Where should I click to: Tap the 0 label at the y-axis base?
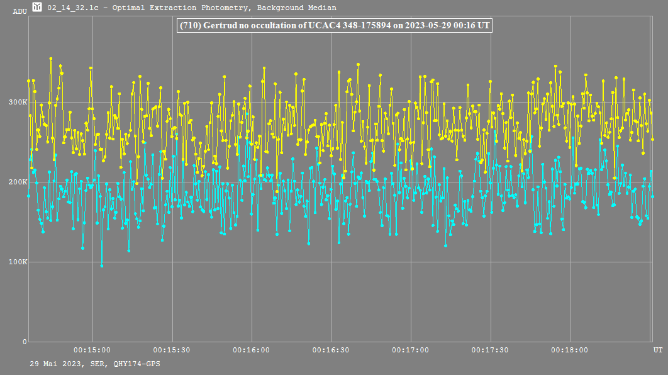(25, 342)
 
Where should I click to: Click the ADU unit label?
(19, 11)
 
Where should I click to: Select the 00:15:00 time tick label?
(92, 350)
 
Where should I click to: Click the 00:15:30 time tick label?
(172, 350)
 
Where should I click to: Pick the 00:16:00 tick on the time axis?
(252, 350)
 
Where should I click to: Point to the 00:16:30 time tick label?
(331, 350)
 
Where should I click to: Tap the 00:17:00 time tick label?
(410, 350)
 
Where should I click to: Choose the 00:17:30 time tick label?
(490, 350)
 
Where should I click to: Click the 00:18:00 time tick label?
(569, 350)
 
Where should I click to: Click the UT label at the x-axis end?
(657, 349)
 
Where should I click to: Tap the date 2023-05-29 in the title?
(425, 26)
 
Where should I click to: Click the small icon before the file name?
(37, 8)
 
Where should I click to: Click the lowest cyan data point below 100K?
(102, 266)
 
